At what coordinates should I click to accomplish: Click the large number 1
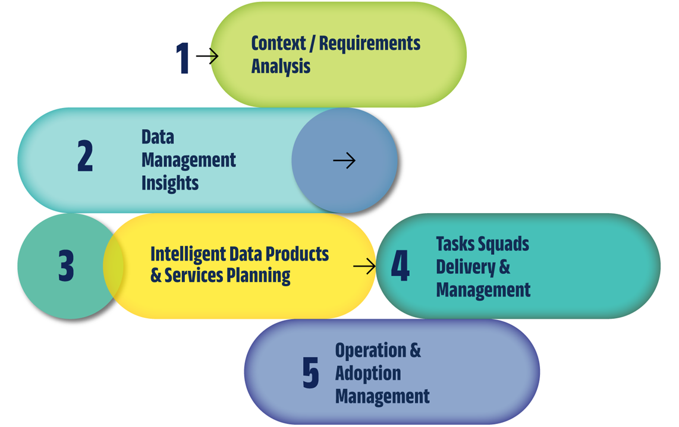[183, 59]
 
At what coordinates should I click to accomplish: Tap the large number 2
[85, 157]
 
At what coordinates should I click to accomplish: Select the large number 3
[66, 265]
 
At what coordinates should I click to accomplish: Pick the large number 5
[310, 373]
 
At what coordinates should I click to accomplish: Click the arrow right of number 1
[207, 56]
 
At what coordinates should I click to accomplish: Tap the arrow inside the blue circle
[344, 160]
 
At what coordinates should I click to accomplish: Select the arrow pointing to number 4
[364, 266]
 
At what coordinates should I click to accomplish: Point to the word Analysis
[281, 66]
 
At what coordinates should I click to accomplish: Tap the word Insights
[170, 183]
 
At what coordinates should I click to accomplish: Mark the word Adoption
[368, 374]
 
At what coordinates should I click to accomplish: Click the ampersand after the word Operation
[414, 350]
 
